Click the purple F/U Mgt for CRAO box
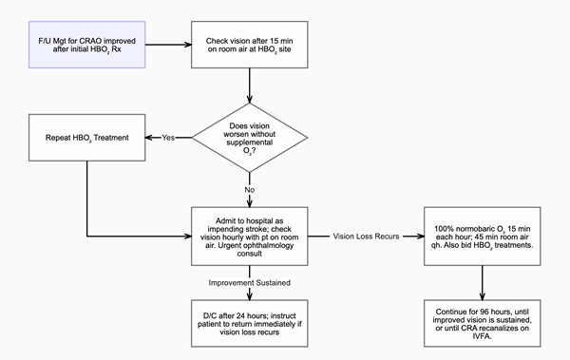point(86,45)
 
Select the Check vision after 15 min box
point(250,45)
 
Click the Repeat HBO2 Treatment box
point(86,139)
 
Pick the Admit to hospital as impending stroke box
point(250,234)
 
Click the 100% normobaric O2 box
point(484,234)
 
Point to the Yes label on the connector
point(167,139)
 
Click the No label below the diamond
point(250,189)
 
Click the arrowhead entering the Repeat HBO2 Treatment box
point(149,139)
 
